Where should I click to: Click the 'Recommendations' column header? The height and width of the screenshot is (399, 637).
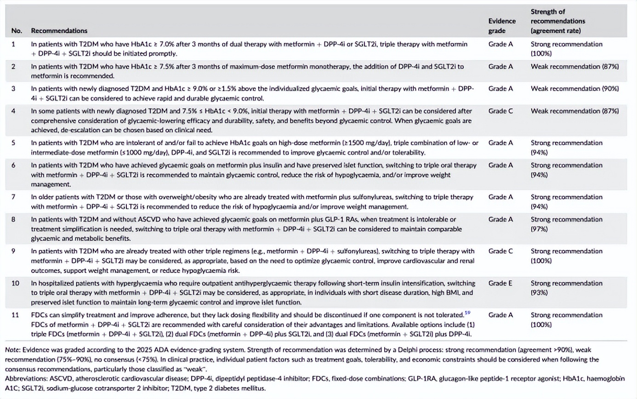click(59, 31)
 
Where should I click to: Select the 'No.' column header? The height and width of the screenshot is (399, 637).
click(17, 31)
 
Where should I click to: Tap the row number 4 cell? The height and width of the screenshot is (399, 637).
click(13, 111)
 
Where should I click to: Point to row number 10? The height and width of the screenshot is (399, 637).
click(15, 284)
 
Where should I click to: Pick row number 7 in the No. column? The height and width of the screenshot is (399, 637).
click(13, 197)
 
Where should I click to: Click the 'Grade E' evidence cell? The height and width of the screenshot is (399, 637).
click(500, 284)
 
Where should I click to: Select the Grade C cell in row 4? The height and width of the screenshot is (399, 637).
click(500, 111)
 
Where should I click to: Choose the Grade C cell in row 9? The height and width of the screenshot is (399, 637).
click(500, 251)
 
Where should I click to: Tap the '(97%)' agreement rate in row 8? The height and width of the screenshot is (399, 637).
click(538, 228)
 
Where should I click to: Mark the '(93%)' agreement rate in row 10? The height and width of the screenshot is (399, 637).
click(538, 292)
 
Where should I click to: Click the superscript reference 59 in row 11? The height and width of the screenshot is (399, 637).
click(467, 313)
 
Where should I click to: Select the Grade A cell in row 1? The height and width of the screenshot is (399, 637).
click(500, 44)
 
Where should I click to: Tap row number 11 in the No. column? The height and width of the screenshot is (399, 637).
click(15, 315)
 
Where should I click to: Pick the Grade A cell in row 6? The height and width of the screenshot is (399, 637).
click(500, 165)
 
